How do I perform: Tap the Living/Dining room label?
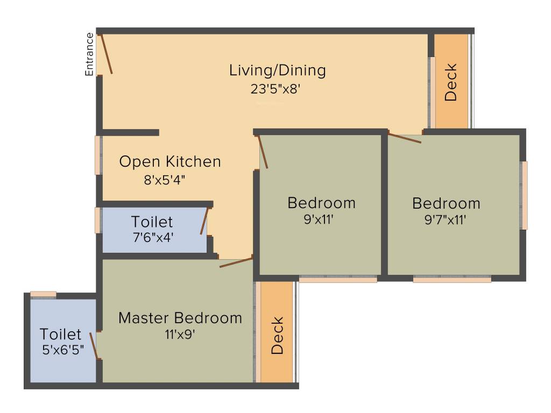[x=278, y=70]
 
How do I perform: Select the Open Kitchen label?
[x=170, y=162]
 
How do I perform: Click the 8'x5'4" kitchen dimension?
[x=164, y=181]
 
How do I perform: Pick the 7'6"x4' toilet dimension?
[x=153, y=237]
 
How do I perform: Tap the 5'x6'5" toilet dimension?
[x=63, y=349]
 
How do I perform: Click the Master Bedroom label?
[x=180, y=318]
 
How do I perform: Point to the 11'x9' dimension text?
[x=180, y=334]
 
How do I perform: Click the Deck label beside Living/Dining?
[x=451, y=82]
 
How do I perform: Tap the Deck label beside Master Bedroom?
[x=277, y=336]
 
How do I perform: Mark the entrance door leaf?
[x=106, y=53]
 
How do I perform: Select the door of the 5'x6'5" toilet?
[x=94, y=346]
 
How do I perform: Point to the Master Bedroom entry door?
[x=236, y=262]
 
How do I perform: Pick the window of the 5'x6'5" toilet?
[x=43, y=294]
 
